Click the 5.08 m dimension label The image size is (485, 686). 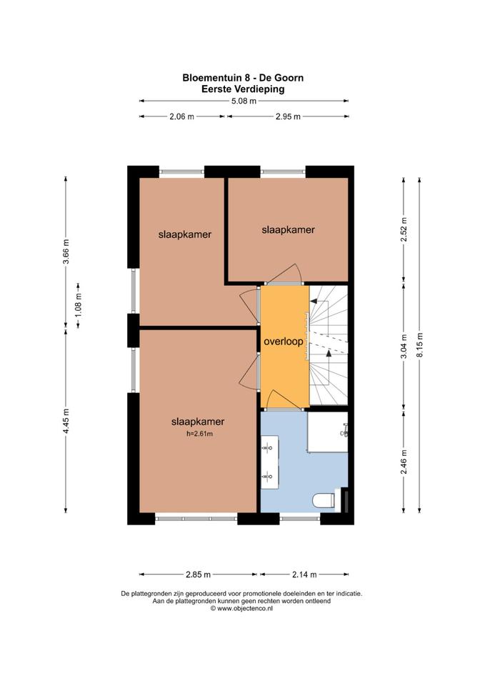point(244,101)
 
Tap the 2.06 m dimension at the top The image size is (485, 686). point(181,116)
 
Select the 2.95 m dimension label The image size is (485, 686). point(288,116)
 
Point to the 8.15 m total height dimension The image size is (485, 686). point(420,345)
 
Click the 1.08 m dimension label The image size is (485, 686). point(79,305)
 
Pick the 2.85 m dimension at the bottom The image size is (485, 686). point(198,575)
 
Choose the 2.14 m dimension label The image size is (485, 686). point(304,575)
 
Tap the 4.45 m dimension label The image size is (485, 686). point(66,421)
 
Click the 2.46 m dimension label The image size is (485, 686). point(404,462)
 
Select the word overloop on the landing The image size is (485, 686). point(284,342)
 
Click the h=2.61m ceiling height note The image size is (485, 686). point(199,434)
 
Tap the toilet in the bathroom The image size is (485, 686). point(324,500)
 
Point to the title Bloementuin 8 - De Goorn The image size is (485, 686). point(243,78)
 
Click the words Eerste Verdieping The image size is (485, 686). point(243,89)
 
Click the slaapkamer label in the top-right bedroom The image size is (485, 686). point(288,229)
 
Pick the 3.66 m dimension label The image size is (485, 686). point(66,252)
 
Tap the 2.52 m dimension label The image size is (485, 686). point(404,229)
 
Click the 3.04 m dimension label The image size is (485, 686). point(404,346)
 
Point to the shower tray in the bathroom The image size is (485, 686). point(328,432)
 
